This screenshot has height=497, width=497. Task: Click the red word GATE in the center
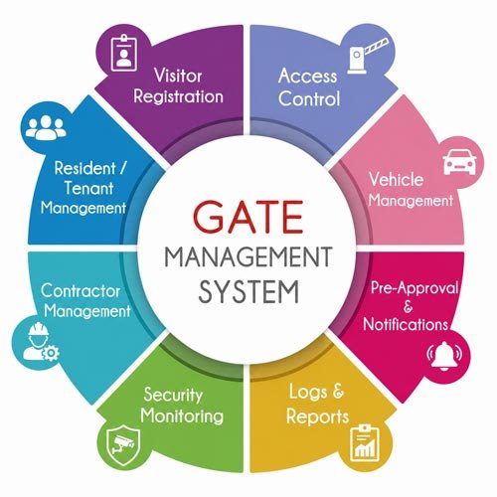tap(248, 217)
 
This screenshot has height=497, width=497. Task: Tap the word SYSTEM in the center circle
tap(248, 292)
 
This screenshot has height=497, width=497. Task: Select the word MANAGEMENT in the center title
tap(248, 256)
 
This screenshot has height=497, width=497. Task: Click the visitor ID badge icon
tap(124, 53)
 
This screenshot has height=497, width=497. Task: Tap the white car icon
tap(459, 162)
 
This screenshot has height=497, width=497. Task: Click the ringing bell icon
tap(444, 357)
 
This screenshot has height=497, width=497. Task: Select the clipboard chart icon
tap(364, 442)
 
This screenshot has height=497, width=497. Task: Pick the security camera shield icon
tap(123, 444)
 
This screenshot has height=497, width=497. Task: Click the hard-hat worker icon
tap(41, 342)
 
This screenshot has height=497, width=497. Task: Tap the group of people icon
tap(46, 127)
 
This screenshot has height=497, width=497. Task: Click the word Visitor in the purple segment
tap(178, 76)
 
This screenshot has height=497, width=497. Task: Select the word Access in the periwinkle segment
tap(308, 77)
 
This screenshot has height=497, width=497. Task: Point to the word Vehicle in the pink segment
tap(397, 179)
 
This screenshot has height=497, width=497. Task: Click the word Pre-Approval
tap(414, 288)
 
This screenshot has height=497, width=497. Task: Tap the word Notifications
tap(406, 324)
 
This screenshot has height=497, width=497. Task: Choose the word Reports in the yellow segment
tap(317, 416)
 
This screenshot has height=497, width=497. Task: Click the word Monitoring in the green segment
tap(182, 415)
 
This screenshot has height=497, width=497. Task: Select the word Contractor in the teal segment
tap(81, 291)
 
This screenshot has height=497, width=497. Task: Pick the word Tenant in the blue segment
tap(88, 188)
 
